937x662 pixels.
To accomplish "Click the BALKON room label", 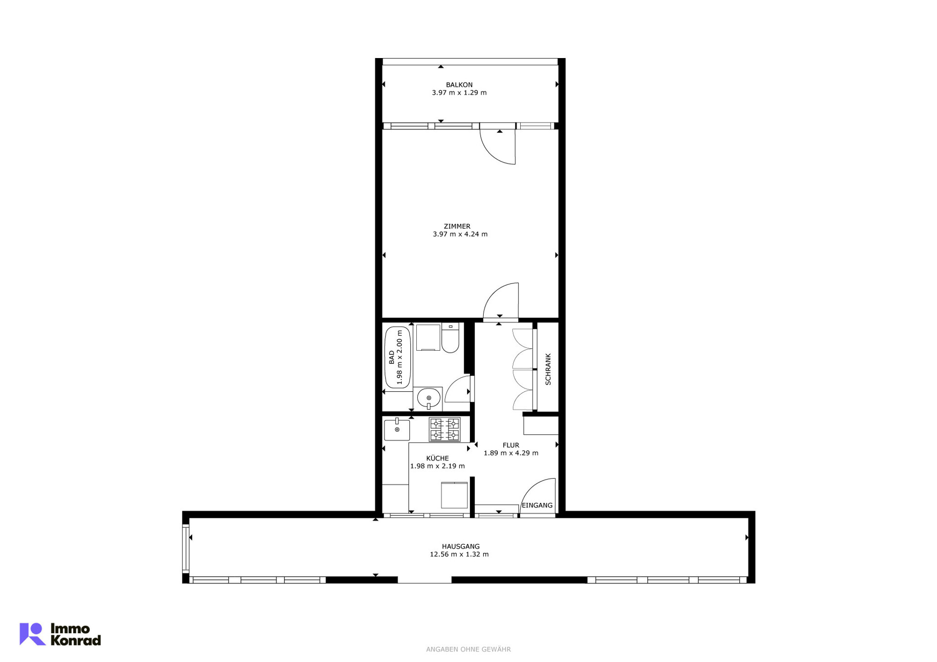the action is click(x=459, y=85).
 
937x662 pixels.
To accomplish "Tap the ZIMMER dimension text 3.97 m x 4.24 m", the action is click(x=460, y=234).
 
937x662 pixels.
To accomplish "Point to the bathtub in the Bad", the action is click(x=398, y=357).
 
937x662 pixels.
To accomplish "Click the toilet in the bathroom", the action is click(x=450, y=338).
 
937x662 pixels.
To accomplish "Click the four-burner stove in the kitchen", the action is click(x=445, y=430).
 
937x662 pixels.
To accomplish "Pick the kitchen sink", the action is click(x=397, y=430).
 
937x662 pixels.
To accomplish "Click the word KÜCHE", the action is click(x=437, y=459).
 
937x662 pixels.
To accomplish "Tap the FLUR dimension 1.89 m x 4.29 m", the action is click(x=511, y=453).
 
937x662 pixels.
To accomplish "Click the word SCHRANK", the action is click(x=548, y=369).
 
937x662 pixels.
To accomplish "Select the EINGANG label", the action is click(x=537, y=505).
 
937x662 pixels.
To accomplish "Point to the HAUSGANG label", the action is click(x=461, y=547).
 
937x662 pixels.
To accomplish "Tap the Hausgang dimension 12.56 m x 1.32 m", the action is click(x=459, y=555).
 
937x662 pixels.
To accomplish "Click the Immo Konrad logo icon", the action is click(x=32, y=634).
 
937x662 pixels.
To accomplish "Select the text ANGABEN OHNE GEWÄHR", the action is click(x=468, y=649).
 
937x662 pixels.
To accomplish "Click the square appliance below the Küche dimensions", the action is click(x=454, y=495).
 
